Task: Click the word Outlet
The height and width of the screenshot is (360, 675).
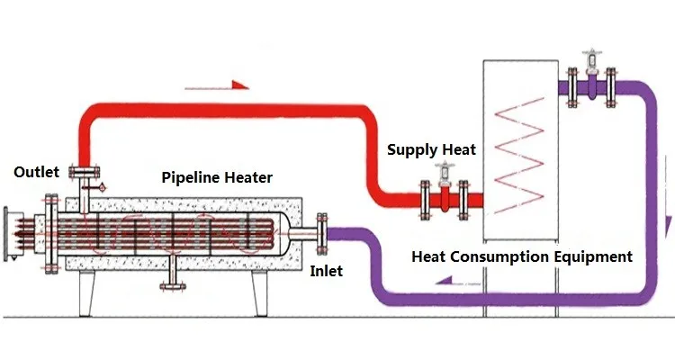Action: [36, 172]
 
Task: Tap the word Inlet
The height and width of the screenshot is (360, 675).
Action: [325, 269]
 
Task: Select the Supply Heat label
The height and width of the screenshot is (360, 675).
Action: [432, 149]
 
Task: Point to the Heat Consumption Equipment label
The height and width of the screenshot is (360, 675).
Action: [522, 256]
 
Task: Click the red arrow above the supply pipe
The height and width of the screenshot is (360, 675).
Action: [215, 86]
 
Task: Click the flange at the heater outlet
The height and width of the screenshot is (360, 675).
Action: [85, 172]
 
